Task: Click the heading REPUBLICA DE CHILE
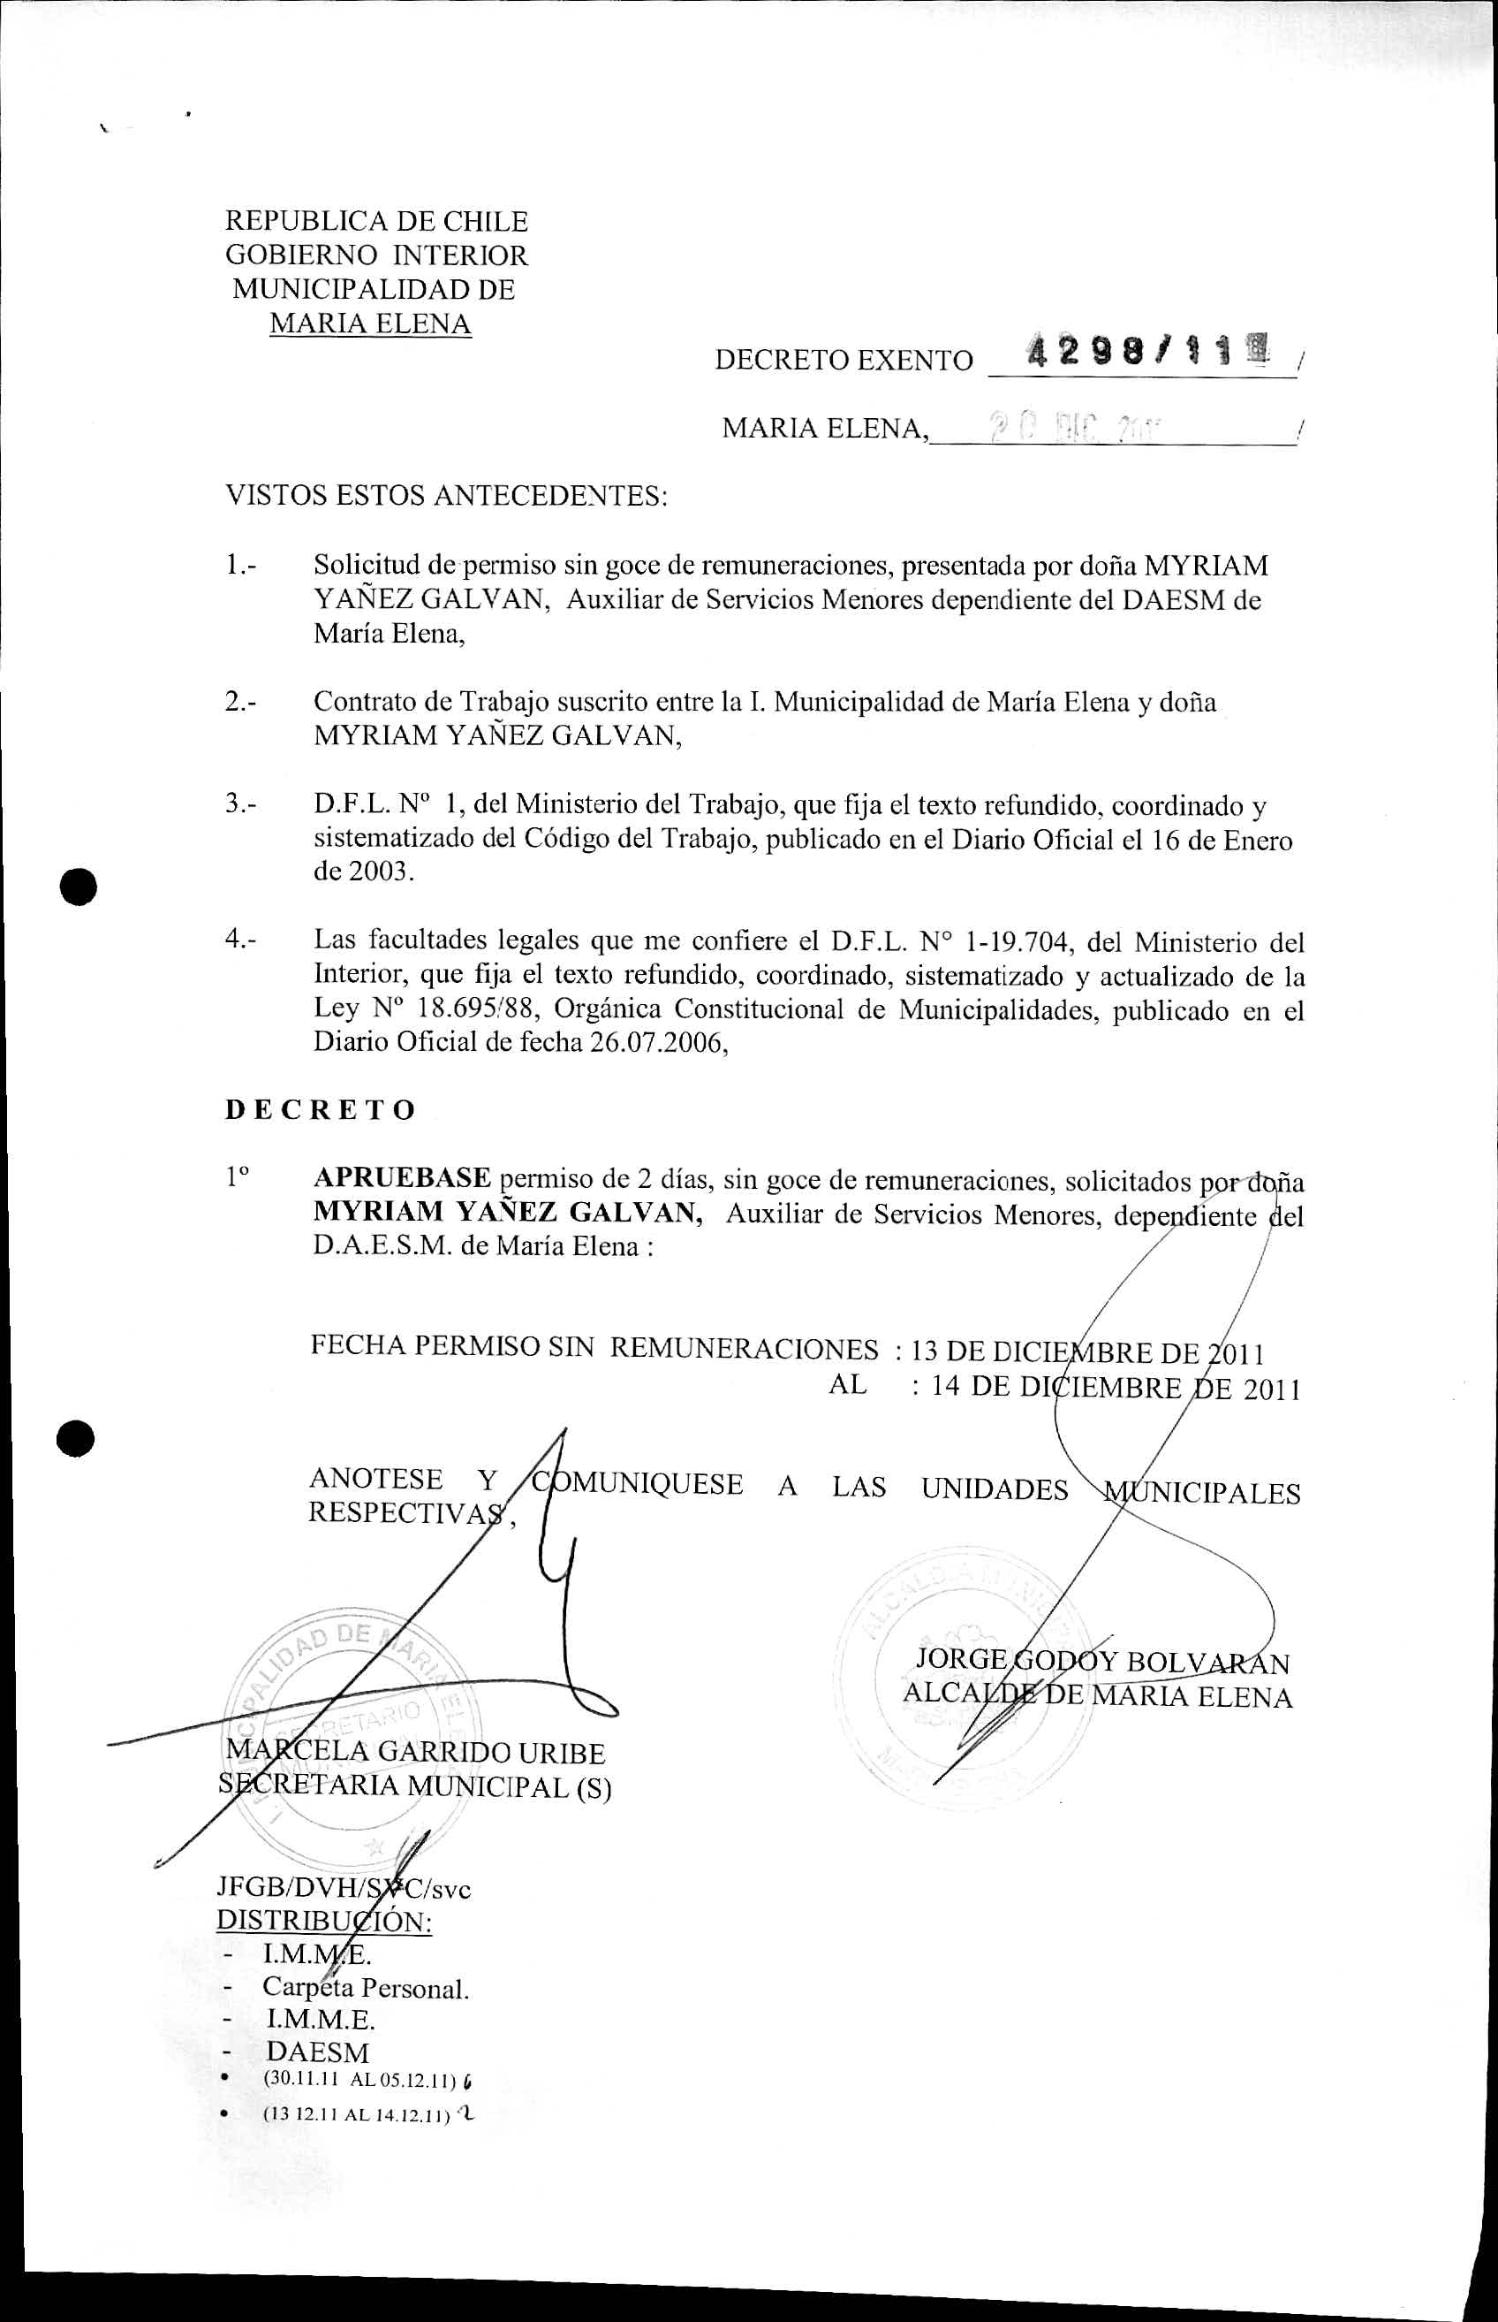pos(376,222)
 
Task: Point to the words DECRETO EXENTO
pos(844,360)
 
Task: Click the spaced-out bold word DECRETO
pos(320,1110)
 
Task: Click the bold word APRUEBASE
pos(402,1177)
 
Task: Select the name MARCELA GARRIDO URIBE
pos(415,1753)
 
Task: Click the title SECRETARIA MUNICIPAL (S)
pos(414,1786)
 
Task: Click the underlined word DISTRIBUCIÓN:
pos(324,1922)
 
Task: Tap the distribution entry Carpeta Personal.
pos(366,1988)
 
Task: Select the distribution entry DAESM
pos(318,2052)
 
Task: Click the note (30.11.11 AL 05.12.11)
pos(359,2081)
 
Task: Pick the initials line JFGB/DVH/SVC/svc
pos(343,1889)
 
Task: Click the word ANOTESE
pos(375,1480)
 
